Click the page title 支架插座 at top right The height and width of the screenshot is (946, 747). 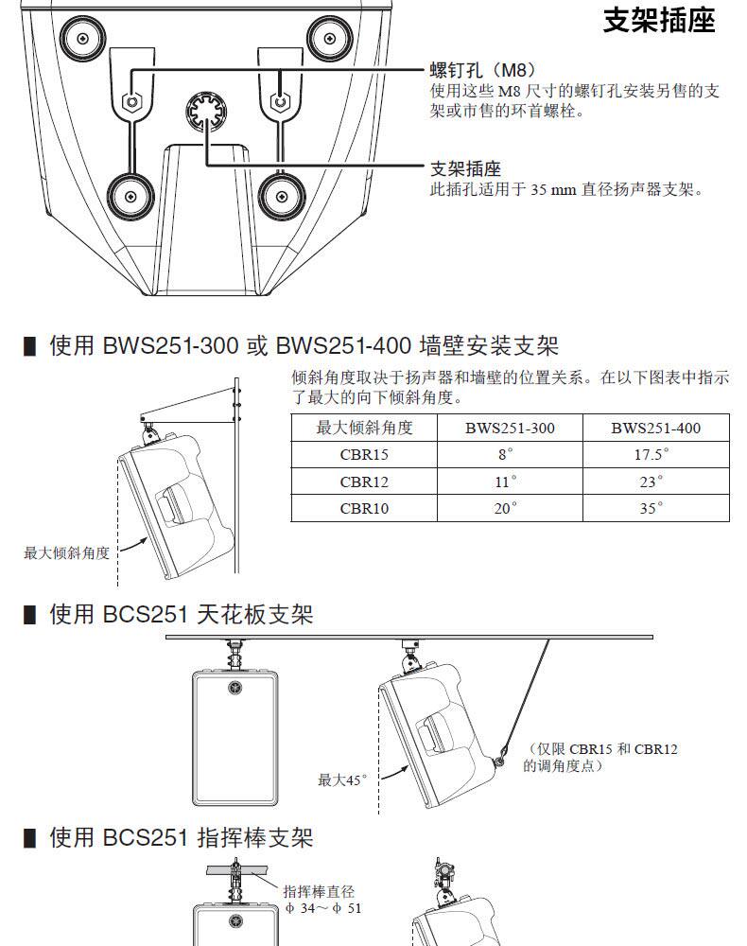click(659, 20)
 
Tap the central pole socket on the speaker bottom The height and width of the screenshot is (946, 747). click(207, 112)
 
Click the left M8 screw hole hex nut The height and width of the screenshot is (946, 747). click(131, 101)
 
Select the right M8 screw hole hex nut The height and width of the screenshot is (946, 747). click(279, 101)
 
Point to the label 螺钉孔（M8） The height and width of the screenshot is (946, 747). click(483, 70)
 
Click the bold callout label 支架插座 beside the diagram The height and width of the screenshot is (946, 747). click(465, 168)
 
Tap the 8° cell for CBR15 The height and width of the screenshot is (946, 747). click(510, 454)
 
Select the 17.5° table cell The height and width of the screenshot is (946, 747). click(656, 454)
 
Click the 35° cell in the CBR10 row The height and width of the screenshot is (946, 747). click(656, 508)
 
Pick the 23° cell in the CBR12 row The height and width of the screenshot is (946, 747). click(656, 482)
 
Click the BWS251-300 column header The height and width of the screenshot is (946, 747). click(510, 428)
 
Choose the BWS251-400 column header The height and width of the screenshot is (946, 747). click(656, 428)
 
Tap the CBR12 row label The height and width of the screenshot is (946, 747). click(364, 482)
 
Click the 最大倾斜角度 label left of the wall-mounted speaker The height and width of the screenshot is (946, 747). click(66, 552)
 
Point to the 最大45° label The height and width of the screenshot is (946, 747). click(342, 780)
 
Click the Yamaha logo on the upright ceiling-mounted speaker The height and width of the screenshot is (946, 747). click(235, 689)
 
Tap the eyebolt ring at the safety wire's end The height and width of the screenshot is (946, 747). click(499, 762)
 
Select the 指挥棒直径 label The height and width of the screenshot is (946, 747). click(319, 891)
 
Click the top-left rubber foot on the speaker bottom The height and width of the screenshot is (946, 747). click(82, 39)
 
